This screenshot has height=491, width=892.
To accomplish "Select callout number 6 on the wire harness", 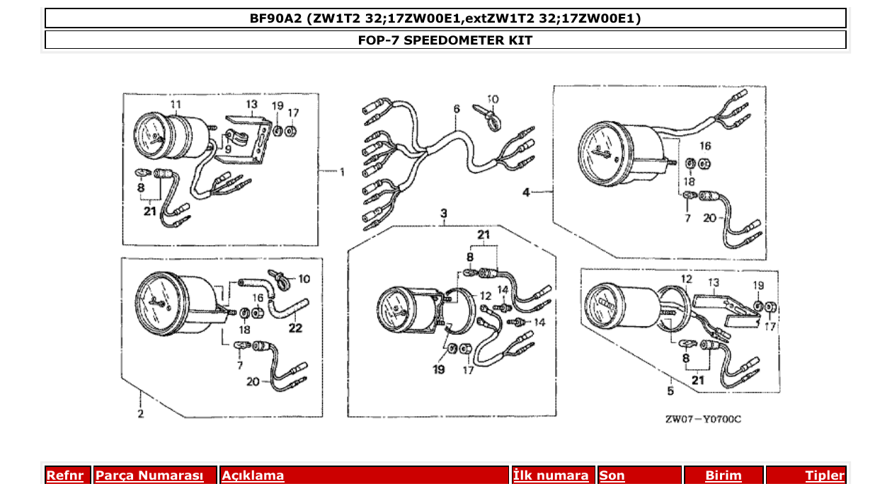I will click(457, 108).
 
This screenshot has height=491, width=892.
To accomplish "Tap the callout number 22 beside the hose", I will click(295, 328).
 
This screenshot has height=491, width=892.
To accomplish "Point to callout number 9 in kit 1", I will click(228, 149).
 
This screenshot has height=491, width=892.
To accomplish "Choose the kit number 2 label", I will click(140, 413).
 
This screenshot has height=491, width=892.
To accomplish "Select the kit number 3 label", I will click(444, 213).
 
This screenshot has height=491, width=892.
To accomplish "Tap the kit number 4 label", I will click(526, 192).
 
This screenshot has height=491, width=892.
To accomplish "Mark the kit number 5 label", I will click(670, 389).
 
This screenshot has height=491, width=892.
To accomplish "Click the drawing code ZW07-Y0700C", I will click(703, 419).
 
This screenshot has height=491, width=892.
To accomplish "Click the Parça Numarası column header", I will click(149, 475).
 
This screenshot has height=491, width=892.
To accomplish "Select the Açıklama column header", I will click(253, 475).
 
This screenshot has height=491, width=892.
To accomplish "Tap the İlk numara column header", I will click(551, 475).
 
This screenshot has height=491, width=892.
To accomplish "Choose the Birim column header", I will click(724, 475).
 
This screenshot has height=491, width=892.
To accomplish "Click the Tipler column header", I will click(825, 475).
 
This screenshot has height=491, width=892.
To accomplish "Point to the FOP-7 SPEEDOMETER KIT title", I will click(445, 40).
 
